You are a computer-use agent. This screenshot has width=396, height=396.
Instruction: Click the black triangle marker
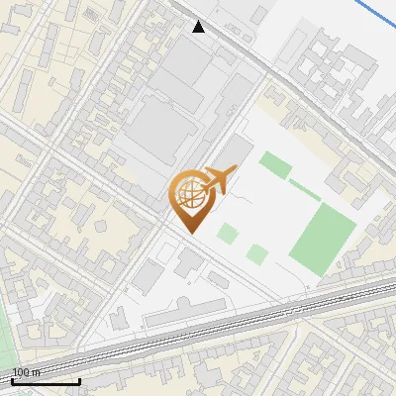[x=200, y=27]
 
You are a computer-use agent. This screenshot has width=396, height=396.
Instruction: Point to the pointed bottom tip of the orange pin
[x=189, y=233]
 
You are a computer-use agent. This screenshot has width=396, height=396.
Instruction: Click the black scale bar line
[x=46, y=381]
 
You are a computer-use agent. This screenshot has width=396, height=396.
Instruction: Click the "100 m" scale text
[x=27, y=372]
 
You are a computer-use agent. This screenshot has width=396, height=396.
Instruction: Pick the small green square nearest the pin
[x=228, y=234]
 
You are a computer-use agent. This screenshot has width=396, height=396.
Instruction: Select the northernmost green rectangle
[x=275, y=164]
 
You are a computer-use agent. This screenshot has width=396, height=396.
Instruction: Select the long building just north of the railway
[x=188, y=316]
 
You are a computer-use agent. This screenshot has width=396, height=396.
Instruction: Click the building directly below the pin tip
[x=188, y=263]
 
